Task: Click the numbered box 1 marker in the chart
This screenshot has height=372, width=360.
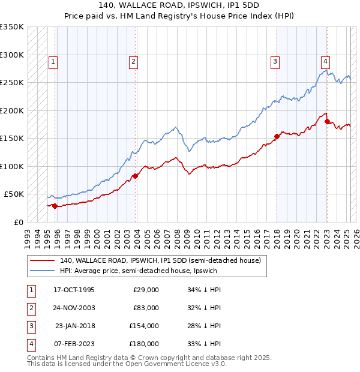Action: click(x=53, y=61)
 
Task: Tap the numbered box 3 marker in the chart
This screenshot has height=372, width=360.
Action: click(x=275, y=61)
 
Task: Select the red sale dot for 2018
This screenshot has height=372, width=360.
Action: click(x=277, y=136)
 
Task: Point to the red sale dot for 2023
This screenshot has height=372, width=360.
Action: click(x=328, y=122)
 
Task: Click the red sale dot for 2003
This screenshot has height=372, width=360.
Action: click(x=136, y=176)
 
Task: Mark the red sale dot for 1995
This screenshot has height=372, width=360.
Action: click(x=55, y=206)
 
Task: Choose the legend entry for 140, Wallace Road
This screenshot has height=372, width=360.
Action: click(x=160, y=261)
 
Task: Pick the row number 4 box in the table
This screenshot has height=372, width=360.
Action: click(x=29, y=344)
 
